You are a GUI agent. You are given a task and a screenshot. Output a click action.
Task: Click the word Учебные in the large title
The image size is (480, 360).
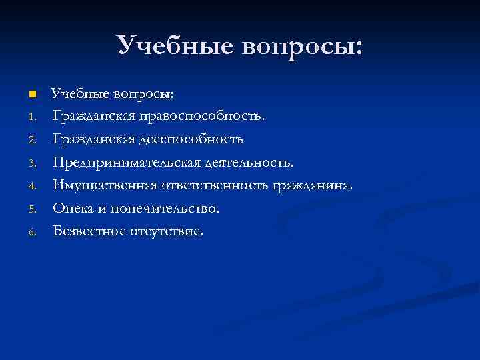click(x=175, y=45)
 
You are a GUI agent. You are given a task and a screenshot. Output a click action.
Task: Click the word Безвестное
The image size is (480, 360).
click(x=86, y=231)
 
